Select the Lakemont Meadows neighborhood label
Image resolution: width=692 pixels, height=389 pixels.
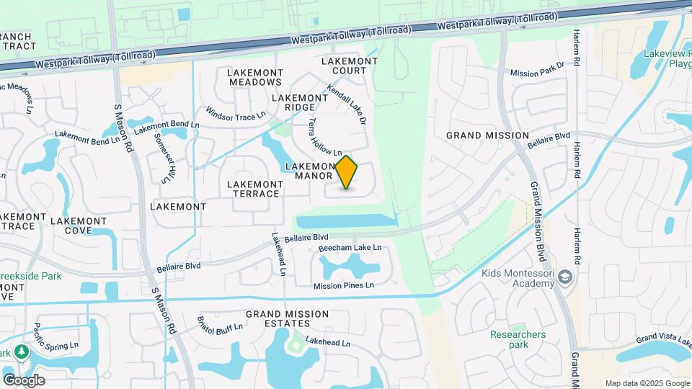tap(254, 77)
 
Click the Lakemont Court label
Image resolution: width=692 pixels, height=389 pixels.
tap(350, 66)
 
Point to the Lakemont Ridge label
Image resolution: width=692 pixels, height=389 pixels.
tap(300, 102)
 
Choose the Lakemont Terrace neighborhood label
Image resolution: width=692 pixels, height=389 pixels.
tap(254, 189)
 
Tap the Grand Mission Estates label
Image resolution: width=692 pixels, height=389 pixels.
tap(287, 318)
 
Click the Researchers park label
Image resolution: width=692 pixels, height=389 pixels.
tap(518, 339)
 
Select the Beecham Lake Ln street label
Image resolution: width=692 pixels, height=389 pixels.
tap(350, 248)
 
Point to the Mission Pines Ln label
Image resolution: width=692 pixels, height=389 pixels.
tap(344, 285)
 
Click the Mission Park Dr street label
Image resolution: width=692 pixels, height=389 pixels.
tap(536, 69)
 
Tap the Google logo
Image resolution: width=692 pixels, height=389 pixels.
tap(24, 380)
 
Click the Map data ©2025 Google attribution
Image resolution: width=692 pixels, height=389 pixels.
tap(647, 383)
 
